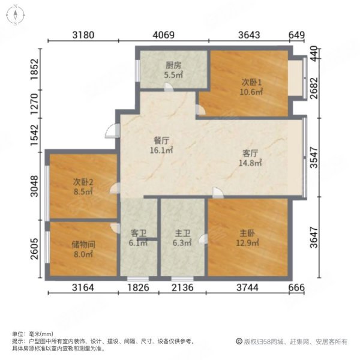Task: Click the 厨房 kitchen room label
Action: [174, 67]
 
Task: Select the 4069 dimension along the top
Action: [163, 35]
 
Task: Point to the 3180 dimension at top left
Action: [83, 35]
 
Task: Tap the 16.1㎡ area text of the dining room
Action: [161, 151]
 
